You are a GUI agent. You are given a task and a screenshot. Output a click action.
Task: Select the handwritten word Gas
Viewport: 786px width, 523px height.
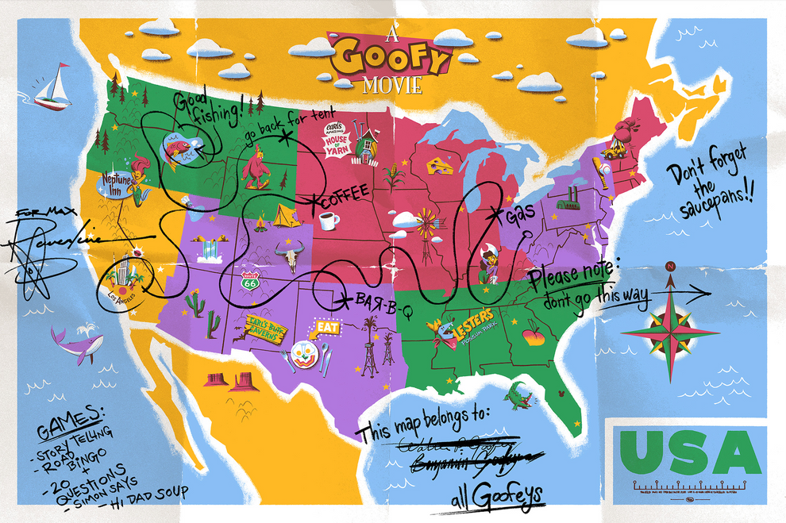520,213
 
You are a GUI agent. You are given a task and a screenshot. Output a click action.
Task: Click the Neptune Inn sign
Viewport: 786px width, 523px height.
116,182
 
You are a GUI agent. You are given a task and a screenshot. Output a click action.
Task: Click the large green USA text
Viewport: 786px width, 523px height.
686,455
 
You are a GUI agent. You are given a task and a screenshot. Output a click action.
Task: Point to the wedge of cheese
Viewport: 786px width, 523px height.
437,163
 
